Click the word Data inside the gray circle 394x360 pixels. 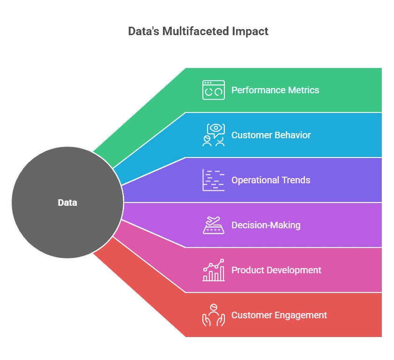pos(67,203)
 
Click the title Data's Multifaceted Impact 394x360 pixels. pos(198,31)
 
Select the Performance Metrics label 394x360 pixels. pos(275,90)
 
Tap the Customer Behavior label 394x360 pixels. pos(271,135)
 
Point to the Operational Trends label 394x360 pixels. pos(271,180)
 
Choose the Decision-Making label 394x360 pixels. pos(266,225)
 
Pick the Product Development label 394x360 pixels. pos(276,270)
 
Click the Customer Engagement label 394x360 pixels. pos(279,315)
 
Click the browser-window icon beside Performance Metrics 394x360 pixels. pos(213,90)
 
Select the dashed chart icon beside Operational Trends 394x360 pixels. pos(213,180)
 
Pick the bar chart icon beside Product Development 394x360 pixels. pos(213,270)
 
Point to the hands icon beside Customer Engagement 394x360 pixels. pos(213,315)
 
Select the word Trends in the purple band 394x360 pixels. pos(296,180)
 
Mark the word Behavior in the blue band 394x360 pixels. pos(293,135)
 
